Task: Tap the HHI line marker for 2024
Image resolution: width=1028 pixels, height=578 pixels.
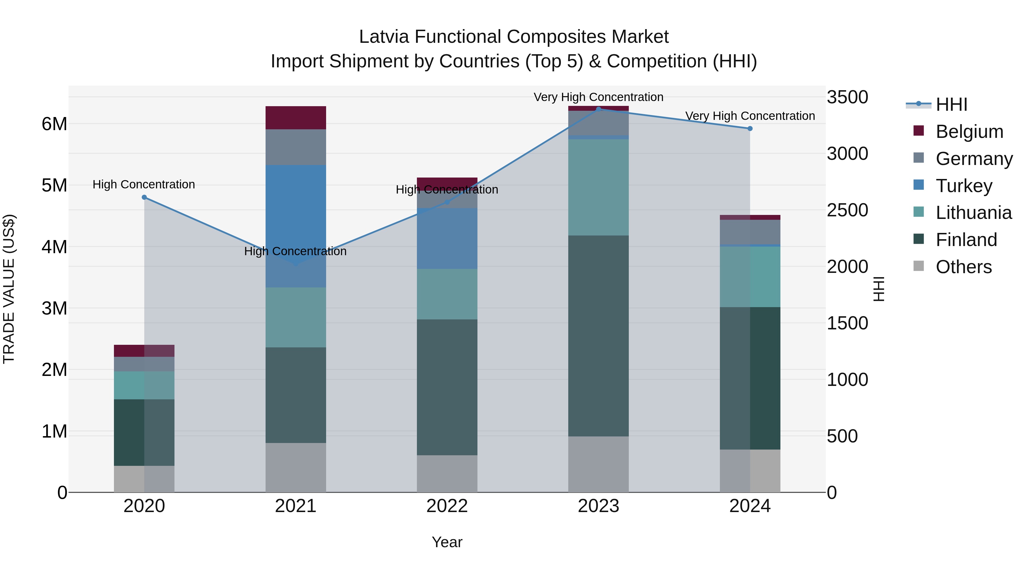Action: coord(750,128)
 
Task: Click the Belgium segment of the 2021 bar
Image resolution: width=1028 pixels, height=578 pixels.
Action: coord(296,118)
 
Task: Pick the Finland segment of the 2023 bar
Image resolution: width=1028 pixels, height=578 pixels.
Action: coord(598,335)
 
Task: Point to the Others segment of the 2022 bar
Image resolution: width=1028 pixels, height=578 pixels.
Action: coord(447,474)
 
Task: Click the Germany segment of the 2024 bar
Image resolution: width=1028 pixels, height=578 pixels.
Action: coord(750,232)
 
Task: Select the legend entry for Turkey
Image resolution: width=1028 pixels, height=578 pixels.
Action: coord(964,186)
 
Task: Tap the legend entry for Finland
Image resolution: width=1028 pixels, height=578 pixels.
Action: coord(966,240)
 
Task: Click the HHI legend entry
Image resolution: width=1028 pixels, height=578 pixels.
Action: coord(951,104)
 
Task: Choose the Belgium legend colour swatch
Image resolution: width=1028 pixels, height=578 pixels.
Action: coord(919,131)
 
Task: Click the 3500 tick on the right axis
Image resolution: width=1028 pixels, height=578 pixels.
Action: coord(847,97)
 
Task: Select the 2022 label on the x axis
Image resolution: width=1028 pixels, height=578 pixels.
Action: coord(447,506)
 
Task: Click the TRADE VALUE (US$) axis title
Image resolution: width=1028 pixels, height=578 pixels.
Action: coord(9,289)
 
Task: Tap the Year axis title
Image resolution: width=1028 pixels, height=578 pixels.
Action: coord(447,542)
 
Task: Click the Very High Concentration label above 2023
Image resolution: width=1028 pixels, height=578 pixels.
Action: coord(598,97)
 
